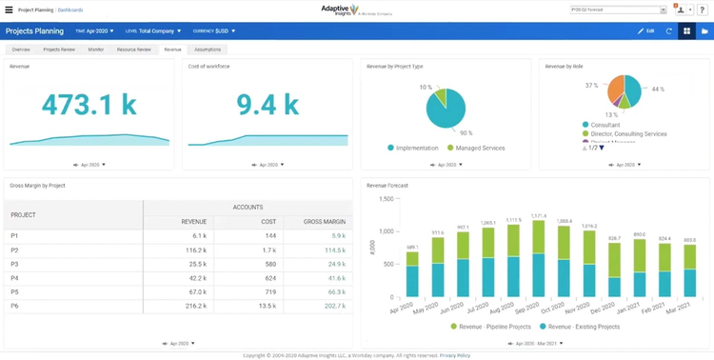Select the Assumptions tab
[208, 49]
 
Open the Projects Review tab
[60, 49]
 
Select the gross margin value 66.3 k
[334, 291]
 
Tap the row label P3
[14, 263]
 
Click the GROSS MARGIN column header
[325, 222]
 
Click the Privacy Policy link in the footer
[456, 355]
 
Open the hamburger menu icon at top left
[9, 9]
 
